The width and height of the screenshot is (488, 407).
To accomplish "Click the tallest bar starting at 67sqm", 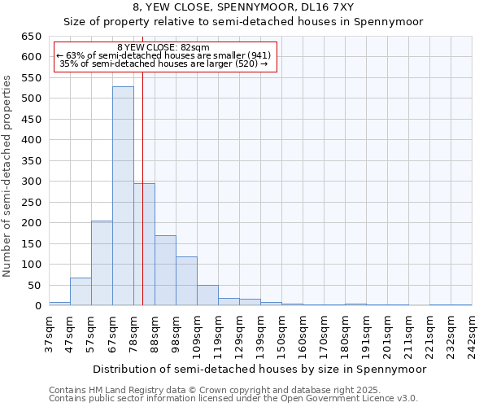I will click(123, 195).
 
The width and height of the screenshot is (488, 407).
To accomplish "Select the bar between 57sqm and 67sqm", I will click(102, 263).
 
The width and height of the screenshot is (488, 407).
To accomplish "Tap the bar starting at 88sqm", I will click(165, 270).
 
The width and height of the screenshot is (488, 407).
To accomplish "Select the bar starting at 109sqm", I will click(207, 295).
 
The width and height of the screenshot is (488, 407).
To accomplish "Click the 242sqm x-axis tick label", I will click(472, 334).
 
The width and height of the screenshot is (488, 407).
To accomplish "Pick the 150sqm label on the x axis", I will click(281, 334).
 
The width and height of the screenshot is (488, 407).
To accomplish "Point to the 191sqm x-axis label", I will click(366, 334).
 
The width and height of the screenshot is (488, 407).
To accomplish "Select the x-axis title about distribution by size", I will click(259, 369).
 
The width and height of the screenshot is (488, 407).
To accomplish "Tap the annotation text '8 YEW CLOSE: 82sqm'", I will click(163, 48).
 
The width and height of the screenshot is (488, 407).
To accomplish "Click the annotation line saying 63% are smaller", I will click(163, 55).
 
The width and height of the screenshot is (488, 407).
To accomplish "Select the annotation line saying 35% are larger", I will click(163, 63).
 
